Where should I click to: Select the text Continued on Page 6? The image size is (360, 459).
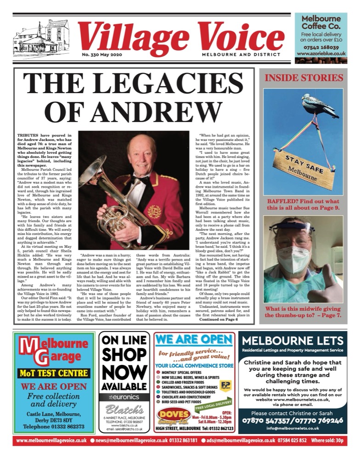pos(225,307)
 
